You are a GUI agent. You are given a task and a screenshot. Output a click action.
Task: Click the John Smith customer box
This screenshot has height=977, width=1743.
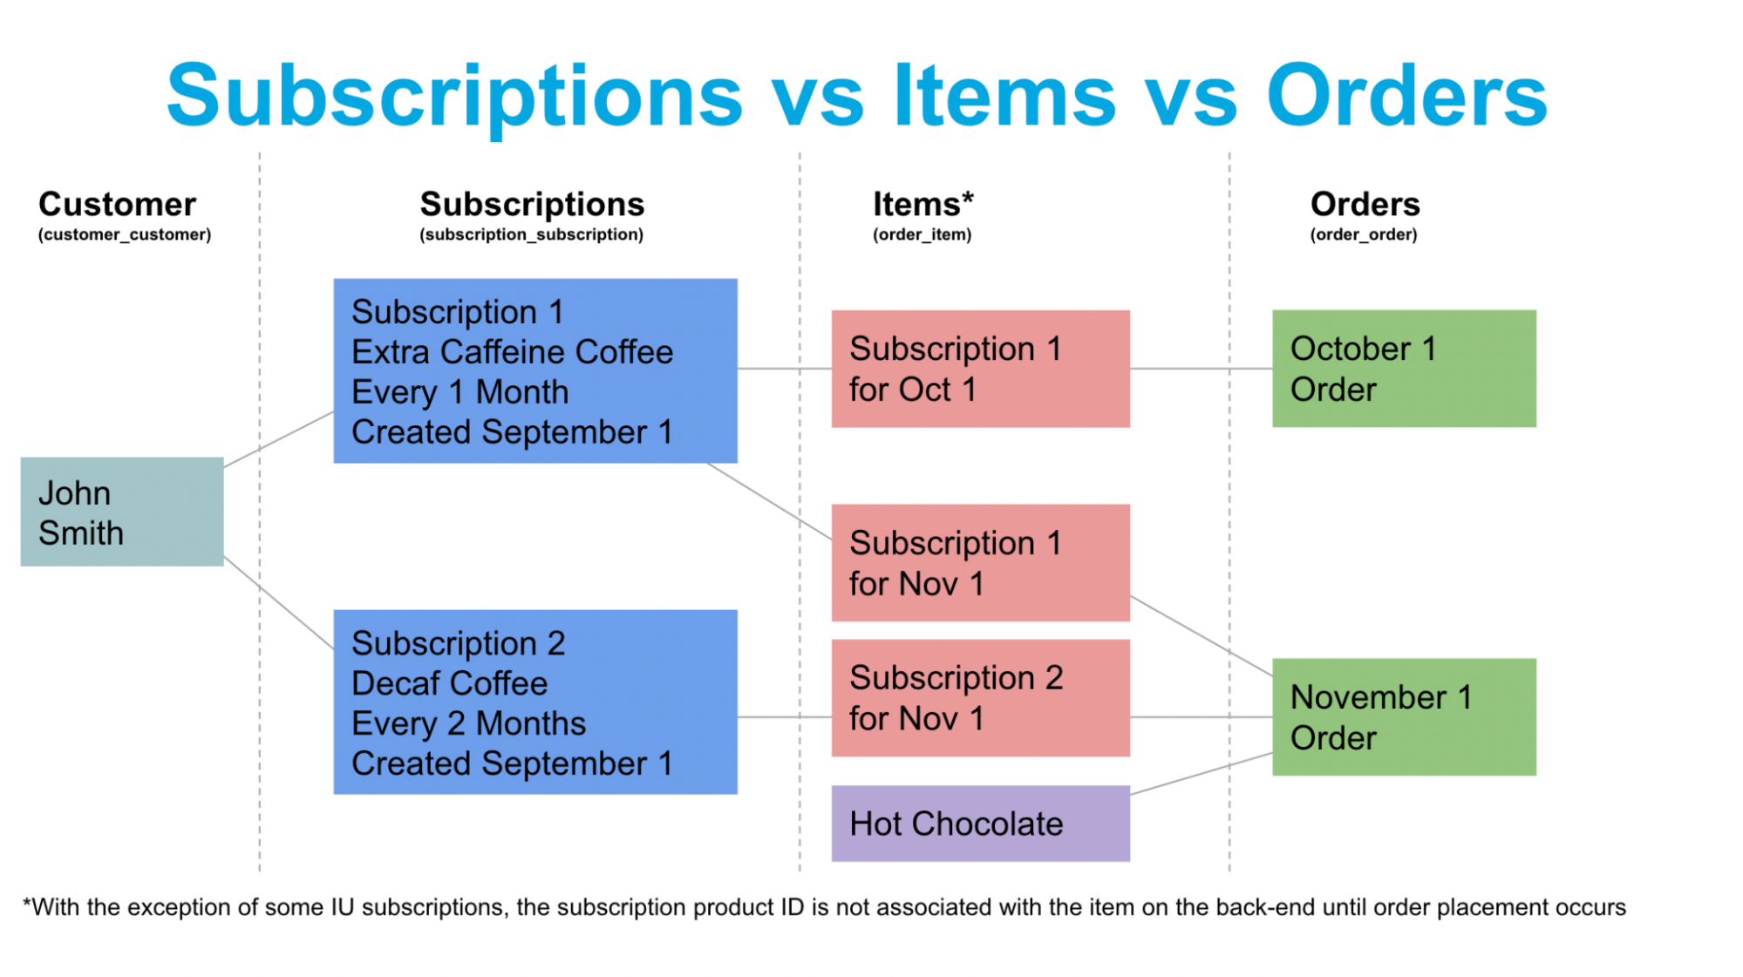click(122, 512)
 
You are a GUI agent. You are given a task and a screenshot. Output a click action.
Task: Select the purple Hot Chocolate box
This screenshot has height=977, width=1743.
click(980, 824)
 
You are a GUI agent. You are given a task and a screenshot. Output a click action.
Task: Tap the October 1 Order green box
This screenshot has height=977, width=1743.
click(1403, 369)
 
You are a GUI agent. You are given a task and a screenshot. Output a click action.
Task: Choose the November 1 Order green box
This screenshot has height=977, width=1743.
click(1403, 716)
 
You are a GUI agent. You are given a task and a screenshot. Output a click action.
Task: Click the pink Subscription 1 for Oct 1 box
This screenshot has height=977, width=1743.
click(980, 369)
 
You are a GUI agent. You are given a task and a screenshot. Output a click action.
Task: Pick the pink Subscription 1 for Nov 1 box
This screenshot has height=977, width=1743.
click(980, 562)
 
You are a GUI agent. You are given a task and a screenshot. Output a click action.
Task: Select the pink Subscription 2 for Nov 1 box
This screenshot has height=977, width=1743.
click(980, 697)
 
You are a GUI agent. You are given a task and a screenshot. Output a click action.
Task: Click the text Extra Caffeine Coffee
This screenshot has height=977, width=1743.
click(512, 352)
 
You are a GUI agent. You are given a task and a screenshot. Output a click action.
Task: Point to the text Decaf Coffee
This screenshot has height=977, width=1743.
click(449, 683)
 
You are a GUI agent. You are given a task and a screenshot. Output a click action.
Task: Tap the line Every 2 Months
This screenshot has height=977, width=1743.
click(468, 723)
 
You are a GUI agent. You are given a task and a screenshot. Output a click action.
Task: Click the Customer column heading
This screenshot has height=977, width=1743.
click(117, 204)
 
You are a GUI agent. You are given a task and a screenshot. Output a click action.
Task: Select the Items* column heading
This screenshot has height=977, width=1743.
click(923, 204)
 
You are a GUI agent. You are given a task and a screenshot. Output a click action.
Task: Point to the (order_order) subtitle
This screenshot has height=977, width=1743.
click(1363, 234)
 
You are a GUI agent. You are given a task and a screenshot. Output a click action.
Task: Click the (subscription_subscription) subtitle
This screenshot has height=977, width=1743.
click(531, 234)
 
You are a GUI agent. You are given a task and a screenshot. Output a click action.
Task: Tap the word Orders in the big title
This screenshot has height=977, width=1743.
click(1406, 96)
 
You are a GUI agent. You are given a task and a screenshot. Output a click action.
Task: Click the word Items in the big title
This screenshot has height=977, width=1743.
click(1004, 96)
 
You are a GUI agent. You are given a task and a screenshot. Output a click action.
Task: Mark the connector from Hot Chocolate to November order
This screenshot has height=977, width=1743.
click(1202, 774)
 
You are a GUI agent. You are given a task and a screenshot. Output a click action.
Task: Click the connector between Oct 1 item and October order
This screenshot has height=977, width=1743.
click(1201, 369)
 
